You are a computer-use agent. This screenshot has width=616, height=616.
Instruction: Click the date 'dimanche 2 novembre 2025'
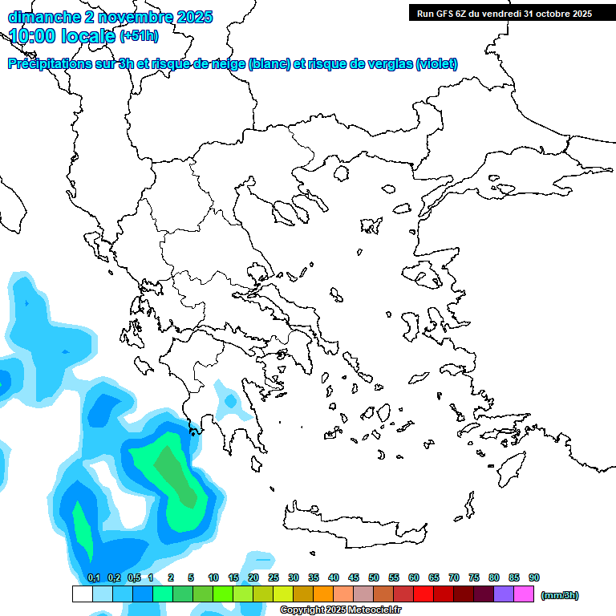click(x=110, y=17)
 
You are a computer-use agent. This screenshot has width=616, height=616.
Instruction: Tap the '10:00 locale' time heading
click(x=63, y=36)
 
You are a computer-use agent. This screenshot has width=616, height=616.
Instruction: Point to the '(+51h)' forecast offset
click(x=139, y=36)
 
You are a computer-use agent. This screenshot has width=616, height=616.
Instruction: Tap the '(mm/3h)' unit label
click(x=559, y=595)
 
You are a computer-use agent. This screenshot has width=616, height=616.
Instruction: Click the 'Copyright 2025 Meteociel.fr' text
click(x=340, y=610)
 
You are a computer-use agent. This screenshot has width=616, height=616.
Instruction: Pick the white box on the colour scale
click(x=82, y=594)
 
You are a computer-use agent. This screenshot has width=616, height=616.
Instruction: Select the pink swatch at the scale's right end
click(x=524, y=594)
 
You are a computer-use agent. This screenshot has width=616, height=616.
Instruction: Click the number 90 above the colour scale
click(x=534, y=577)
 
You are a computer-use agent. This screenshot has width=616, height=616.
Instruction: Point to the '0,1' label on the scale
click(x=93, y=577)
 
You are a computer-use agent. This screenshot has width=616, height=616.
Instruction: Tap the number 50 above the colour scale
click(x=374, y=577)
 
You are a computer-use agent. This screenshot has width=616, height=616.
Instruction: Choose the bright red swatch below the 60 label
click(x=423, y=594)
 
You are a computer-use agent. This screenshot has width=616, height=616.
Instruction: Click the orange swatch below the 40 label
click(x=323, y=594)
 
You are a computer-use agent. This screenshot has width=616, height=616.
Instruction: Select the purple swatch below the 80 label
click(x=504, y=594)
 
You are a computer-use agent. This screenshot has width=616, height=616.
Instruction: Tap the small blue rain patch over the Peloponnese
click(x=231, y=400)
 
